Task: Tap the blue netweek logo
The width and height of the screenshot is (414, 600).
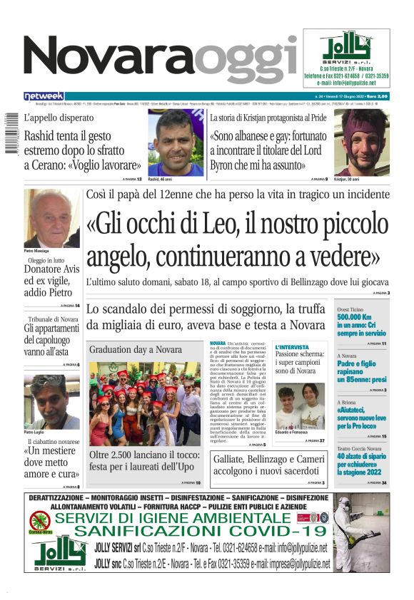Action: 44,96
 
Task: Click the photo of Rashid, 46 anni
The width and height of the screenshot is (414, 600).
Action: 176,143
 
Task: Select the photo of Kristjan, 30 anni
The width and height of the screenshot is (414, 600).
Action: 361,143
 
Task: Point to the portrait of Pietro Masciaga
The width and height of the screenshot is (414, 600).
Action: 52,218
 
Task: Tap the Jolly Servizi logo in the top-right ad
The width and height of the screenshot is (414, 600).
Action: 346,47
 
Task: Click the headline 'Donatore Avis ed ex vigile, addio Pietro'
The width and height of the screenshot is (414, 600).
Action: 52,281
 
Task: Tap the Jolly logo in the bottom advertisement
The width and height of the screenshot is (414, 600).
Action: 60,552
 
